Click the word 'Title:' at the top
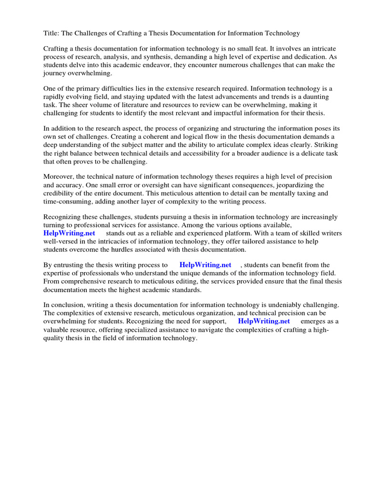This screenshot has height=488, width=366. [x=52, y=33]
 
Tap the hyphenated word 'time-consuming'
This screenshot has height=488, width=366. [x=67, y=201]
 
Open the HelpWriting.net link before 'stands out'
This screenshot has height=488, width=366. [x=69, y=233]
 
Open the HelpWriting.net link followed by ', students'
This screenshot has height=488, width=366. [x=205, y=265]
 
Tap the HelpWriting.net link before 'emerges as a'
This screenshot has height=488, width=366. [x=264, y=321]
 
